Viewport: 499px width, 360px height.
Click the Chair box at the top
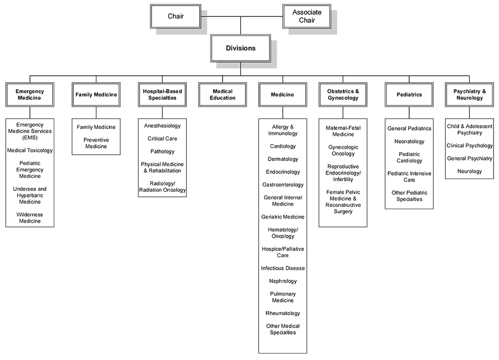click(x=176, y=16)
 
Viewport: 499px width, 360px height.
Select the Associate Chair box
click(x=307, y=16)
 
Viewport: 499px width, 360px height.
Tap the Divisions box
click(x=241, y=48)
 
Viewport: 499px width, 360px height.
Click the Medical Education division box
click(x=223, y=95)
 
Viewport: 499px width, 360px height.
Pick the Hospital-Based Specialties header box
click(x=162, y=95)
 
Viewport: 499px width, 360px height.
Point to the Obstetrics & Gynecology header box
click(x=343, y=95)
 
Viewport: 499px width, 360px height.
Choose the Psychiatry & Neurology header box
click(x=469, y=95)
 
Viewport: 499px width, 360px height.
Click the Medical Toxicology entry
click(x=30, y=150)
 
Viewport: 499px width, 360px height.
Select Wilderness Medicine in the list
click(x=30, y=218)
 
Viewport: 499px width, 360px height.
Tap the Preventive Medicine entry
click(x=96, y=143)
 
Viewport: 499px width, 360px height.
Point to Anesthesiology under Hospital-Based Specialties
click(x=162, y=126)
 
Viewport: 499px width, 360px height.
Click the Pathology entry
click(x=162, y=151)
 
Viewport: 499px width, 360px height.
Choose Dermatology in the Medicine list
click(x=283, y=159)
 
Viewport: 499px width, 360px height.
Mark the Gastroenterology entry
click(x=283, y=184)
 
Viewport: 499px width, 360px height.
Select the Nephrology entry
click(x=283, y=281)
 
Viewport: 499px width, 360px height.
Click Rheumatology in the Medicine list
click(x=283, y=313)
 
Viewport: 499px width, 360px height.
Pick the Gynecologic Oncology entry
click(x=343, y=151)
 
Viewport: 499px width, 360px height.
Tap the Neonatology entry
click(x=409, y=142)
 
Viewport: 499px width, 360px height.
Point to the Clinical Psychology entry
click(x=469, y=146)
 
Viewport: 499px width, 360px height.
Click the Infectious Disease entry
click(x=283, y=268)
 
